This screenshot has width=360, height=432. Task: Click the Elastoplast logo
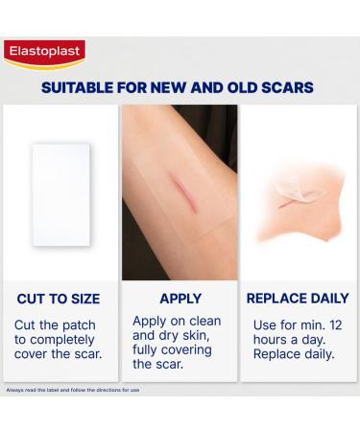[44, 53]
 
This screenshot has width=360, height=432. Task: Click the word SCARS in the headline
[284, 87]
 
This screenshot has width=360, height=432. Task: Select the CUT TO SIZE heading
[58, 299]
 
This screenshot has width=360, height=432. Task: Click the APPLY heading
[179, 299]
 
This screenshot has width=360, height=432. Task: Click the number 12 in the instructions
[328, 324]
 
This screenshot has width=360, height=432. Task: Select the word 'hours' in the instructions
[271, 340]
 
